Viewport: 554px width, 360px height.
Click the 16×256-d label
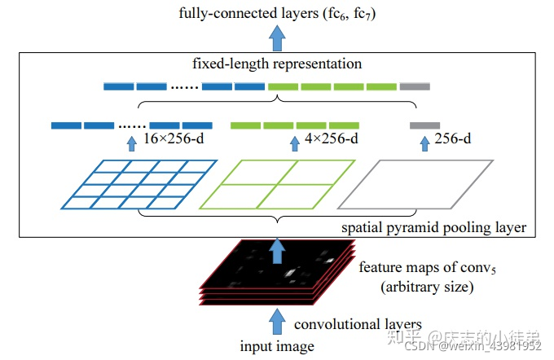(x=174, y=139)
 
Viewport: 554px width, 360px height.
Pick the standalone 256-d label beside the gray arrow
(x=453, y=139)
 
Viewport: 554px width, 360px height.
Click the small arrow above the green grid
(x=295, y=144)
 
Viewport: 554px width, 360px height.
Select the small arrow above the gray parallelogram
(x=424, y=144)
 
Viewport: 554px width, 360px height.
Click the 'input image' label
(x=277, y=346)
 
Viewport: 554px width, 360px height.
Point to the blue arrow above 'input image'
(x=278, y=319)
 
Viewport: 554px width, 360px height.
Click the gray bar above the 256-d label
(x=424, y=125)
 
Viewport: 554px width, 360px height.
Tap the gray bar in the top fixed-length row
(x=415, y=86)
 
